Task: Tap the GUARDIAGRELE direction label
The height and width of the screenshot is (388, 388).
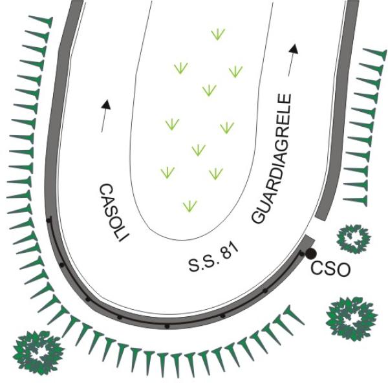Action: (271, 159)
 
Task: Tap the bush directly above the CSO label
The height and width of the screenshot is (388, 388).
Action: (354, 239)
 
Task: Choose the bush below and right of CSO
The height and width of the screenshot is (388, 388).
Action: (351, 318)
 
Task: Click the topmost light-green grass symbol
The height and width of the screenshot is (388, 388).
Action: (218, 34)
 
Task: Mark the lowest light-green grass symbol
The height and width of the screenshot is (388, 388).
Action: (189, 206)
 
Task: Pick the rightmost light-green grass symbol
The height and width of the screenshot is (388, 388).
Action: (235, 71)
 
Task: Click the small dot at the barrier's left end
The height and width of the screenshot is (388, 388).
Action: (49, 221)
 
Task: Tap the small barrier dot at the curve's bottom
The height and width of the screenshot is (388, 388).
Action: (167, 326)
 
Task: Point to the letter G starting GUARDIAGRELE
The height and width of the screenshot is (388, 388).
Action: (259, 216)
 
